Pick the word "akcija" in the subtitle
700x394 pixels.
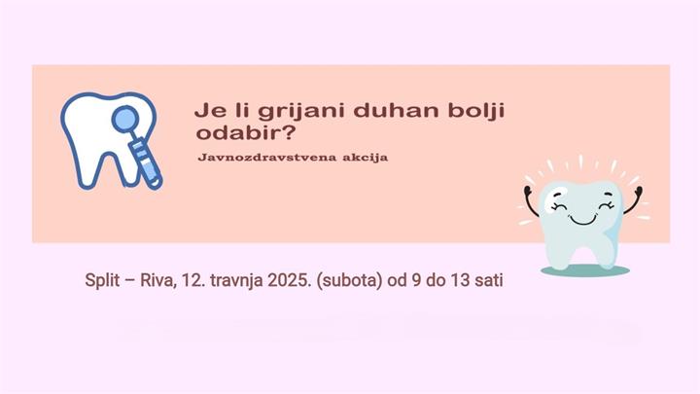[x=359, y=158]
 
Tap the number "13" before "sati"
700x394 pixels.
[x=463, y=280]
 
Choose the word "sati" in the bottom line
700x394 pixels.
[x=493, y=280]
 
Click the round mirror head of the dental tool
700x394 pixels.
[x=126, y=122]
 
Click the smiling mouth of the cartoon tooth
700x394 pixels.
[x=582, y=216]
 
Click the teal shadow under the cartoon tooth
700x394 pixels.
[x=584, y=269]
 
